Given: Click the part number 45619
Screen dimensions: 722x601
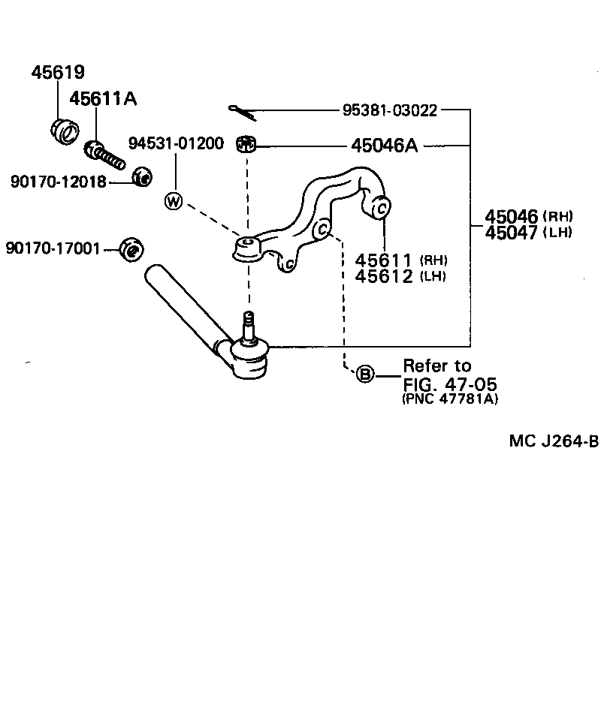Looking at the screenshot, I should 57,73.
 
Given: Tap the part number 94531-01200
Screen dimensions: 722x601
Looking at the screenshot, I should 176,143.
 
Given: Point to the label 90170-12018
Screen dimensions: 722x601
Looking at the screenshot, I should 58,181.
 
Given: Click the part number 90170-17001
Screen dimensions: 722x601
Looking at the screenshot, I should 53,248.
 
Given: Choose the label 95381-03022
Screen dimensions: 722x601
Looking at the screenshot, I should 390,110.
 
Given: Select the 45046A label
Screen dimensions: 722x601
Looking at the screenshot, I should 384,146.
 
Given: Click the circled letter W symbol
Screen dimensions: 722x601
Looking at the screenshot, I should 174,200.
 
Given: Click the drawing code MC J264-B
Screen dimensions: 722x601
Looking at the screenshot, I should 553,441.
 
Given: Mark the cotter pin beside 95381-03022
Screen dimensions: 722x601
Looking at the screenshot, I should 244,112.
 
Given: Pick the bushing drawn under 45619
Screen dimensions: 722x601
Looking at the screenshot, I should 65,131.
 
